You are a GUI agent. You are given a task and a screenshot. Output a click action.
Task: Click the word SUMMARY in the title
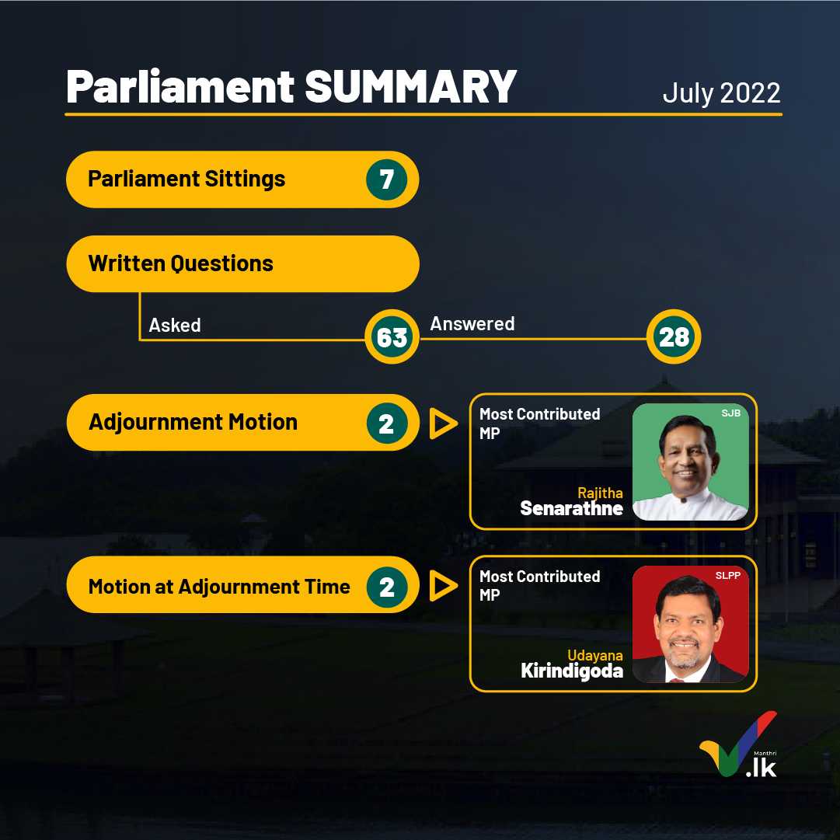[410, 86]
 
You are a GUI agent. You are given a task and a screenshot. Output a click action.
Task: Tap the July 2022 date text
[721, 92]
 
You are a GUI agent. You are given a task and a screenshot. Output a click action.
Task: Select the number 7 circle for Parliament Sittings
[387, 180]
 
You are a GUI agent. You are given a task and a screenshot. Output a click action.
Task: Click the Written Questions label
[180, 263]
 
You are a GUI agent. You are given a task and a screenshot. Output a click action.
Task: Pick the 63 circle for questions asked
[392, 337]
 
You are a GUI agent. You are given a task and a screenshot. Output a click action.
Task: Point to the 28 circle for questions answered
[674, 337]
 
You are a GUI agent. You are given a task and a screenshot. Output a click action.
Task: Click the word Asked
[175, 325]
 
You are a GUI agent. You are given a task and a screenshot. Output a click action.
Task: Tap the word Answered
[472, 323]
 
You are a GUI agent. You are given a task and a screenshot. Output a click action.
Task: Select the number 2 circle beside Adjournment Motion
[387, 423]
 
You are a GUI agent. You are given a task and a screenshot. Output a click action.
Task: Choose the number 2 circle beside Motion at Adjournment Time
[387, 587]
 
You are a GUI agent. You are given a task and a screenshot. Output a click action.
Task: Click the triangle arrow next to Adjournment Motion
[442, 423]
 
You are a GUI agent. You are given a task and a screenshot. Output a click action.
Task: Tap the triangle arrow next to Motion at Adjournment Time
[442, 586]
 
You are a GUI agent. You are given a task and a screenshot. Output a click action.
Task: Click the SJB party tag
[730, 413]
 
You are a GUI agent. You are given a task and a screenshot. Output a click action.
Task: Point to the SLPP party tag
[727, 575]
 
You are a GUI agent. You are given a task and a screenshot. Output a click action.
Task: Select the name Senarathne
[572, 508]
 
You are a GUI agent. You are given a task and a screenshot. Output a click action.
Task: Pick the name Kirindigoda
[572, 671]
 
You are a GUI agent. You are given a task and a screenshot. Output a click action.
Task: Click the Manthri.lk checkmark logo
[738, 744]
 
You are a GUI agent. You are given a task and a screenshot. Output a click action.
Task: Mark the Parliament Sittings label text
[186, 180]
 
